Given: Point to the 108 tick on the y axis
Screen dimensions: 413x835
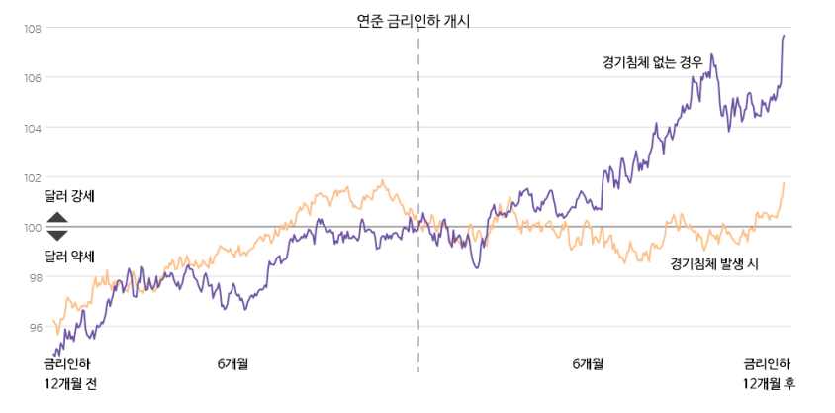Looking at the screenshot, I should pyautogui.click(x=33, y=29).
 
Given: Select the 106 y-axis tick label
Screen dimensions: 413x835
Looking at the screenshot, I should pyautogui.click(x=33, y=78).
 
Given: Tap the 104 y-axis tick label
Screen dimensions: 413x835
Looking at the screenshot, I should pyautogui.click(x=33, y=128).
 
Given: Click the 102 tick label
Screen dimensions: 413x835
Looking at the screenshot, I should pyautogui.click(x=33, y=178).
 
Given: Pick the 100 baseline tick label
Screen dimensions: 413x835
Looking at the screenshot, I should pyautogui.click(x=33, y=228).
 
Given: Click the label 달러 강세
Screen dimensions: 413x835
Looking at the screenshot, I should pyautogui.click(x=69, y=197).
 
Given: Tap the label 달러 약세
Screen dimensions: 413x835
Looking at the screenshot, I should pyautogui.click(x=69, y=257).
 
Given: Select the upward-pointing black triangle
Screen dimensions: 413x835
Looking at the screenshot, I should pyautogui.click(x=57, y=218).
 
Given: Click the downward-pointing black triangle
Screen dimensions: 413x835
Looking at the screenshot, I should pyautogui.click(x=57, y=236).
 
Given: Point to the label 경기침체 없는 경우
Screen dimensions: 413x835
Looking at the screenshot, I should pyautogui.click(x=652, y=62).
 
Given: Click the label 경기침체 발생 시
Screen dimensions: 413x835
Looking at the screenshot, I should pyautogui.click(x=713, y=264).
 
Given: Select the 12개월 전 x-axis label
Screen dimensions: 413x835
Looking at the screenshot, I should pyautogui.click(x=71, y=383).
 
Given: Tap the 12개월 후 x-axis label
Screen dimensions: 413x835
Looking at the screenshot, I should pyautogui.click(x=769, y=383).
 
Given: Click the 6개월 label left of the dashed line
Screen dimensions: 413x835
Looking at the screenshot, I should pyautogui.click(x=232, y=363).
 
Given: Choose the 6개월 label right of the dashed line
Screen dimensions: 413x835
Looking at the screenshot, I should pyautogui.click(x=588, y=363).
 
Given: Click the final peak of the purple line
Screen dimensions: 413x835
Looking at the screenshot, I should pyautogui.click(x=784, y=36).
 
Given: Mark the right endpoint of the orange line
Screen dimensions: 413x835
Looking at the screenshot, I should pyautogui.click(x=784, y=183).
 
